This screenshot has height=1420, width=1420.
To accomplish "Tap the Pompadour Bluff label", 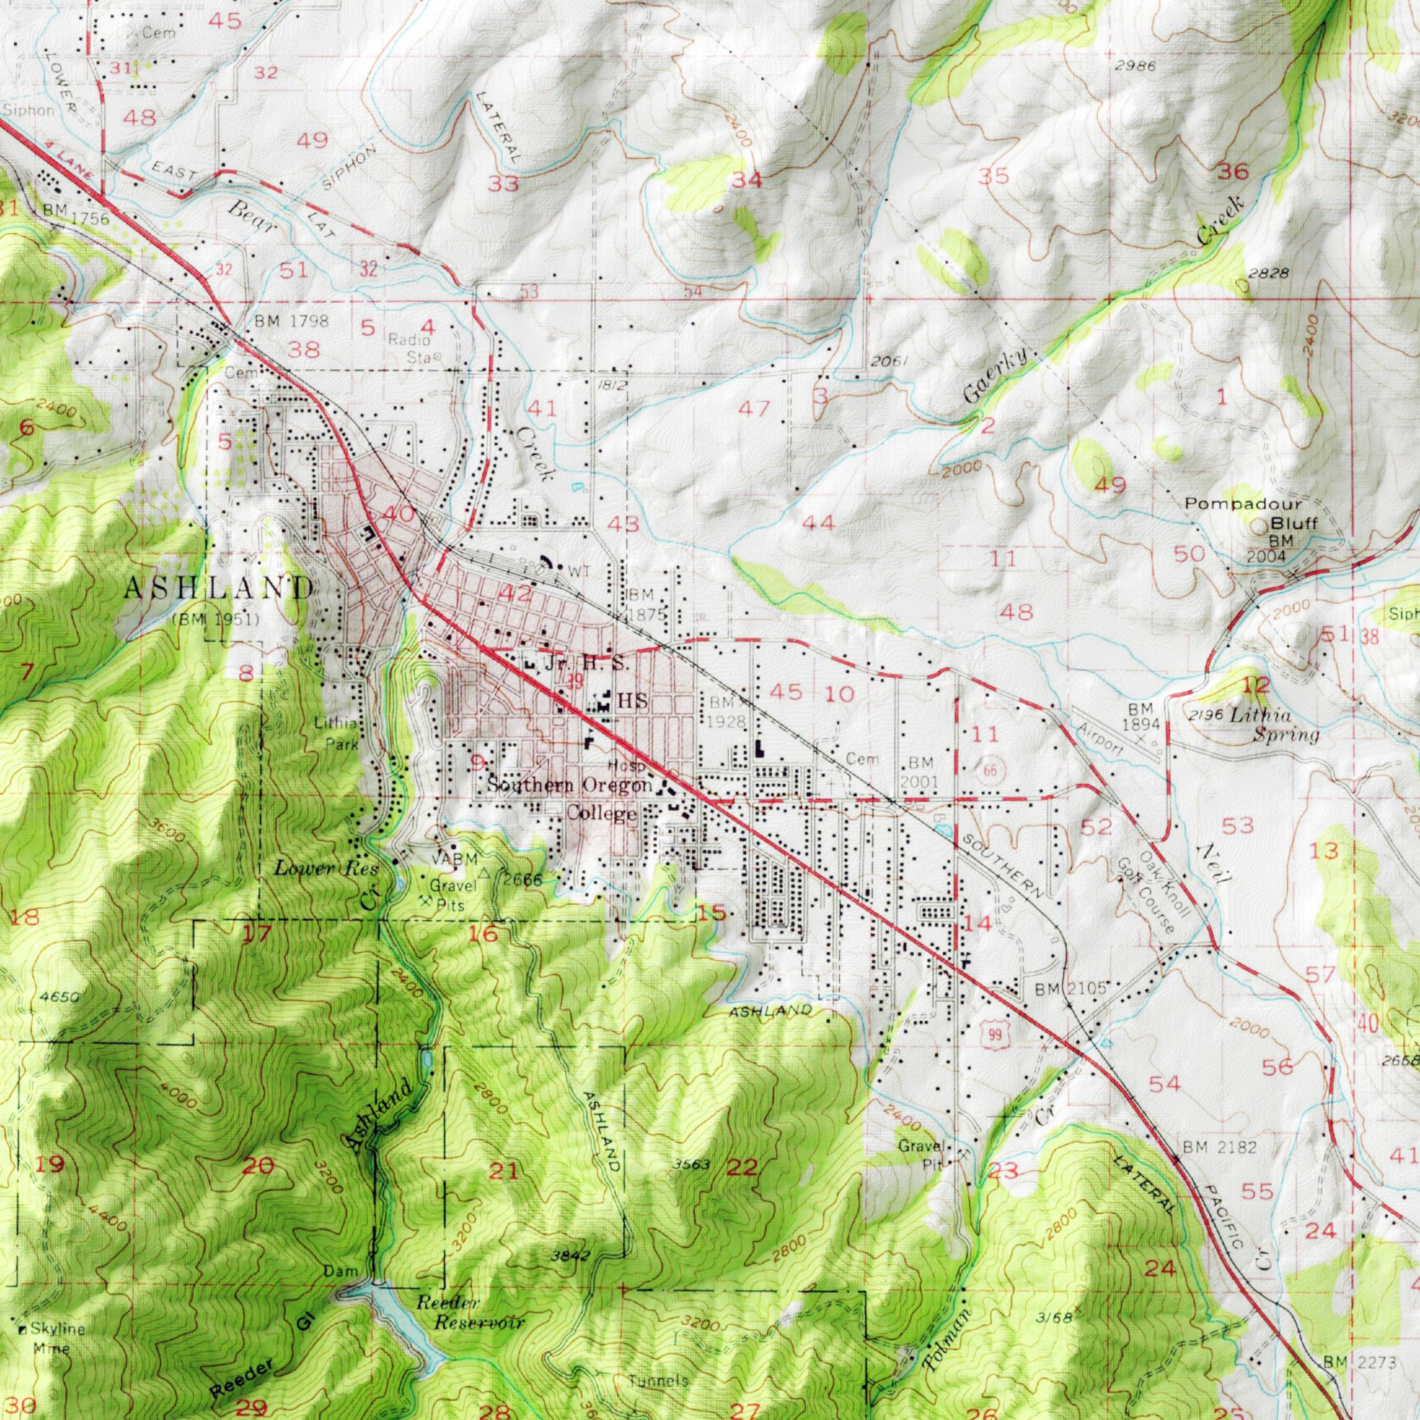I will (x=1242, y=514).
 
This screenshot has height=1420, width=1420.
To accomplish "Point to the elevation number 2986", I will (x=1135, y=67).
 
